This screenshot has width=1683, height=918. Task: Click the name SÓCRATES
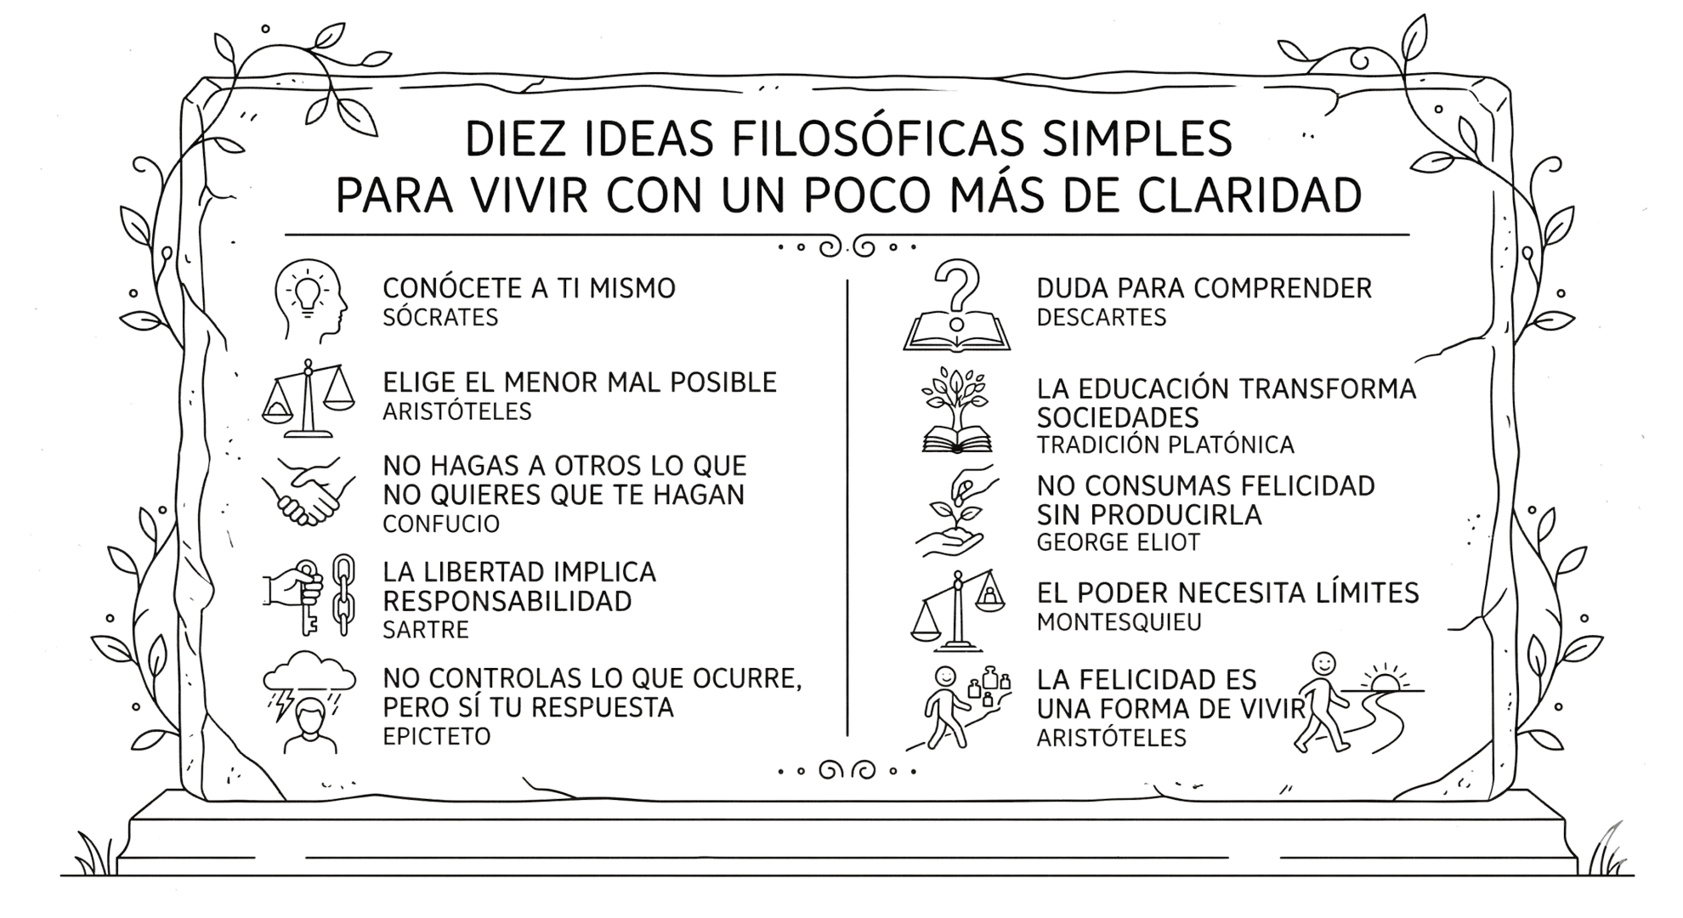(440, 318)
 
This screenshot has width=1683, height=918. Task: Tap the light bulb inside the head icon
(308, 292)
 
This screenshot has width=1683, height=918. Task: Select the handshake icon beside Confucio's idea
(308, 493)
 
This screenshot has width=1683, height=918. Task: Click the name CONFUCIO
(441, 524)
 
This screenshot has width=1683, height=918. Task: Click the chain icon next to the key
(343, 595)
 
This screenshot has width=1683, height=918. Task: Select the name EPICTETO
(437, 736)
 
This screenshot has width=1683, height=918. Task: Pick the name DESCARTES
(1102, 318)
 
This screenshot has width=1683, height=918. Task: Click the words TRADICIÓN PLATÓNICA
(1165, 445)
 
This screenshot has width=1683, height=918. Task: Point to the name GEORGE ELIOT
(1119, 542)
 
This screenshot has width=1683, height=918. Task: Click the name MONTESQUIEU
(1119, 622)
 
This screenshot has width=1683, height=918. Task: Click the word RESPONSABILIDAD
(507, 601)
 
